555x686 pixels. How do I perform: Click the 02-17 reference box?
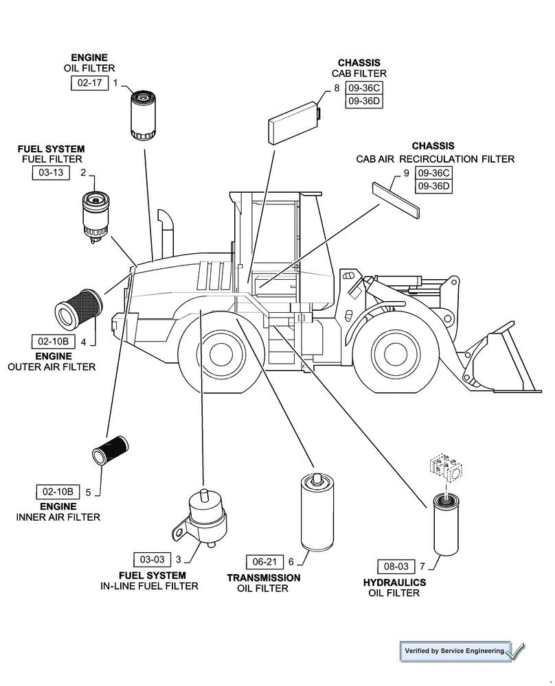(90, 83)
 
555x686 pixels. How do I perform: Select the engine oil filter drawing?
(144, 116)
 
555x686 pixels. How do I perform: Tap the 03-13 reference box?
(52, 172)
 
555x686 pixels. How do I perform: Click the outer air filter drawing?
(78, 309)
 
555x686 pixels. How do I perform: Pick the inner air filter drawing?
(110, 450)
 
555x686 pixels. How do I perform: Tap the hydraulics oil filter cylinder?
(446, 524)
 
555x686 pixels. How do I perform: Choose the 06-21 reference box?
(265, 563)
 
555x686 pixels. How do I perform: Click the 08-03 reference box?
(396, 567)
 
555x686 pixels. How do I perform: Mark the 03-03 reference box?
(152, 560)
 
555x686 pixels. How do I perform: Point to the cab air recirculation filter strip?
(396, 200)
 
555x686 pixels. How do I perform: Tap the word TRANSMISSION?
(264, 578)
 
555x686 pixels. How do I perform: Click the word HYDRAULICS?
(395, 582)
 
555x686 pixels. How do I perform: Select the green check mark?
(516, 652)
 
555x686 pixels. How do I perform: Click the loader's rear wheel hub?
(221, 353)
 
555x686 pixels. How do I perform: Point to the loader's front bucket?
(503, 359)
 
